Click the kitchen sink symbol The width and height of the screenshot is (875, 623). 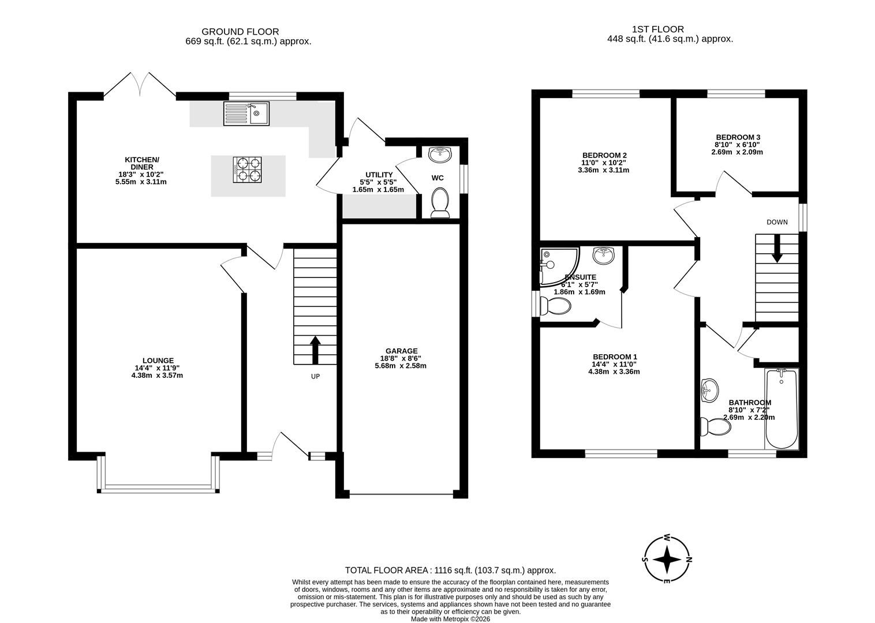246,114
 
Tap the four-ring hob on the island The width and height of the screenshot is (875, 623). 247,170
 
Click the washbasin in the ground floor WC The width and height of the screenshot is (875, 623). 440,154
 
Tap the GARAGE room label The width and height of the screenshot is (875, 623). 401,351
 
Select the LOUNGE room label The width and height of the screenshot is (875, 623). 158,361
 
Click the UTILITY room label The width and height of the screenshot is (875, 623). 379,175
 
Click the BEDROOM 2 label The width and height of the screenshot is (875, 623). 604,155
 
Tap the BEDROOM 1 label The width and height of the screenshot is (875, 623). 614,356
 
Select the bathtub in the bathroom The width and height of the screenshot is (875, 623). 781,410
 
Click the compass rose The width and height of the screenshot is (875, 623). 667,559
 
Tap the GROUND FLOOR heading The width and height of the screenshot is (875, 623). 240,32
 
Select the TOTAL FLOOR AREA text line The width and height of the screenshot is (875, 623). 450,570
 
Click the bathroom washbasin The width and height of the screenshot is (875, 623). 709,391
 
